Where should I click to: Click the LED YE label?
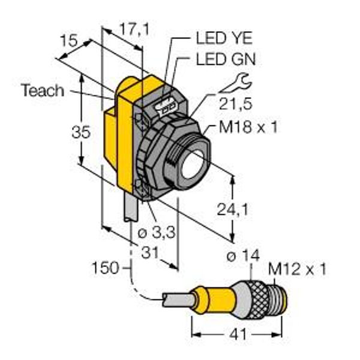point(224,38)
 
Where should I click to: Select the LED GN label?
point(226,59)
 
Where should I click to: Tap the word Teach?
point(43,90)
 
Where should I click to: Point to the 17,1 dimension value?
point(134,29)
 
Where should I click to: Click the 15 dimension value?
point(69,41)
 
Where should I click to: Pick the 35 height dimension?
point(81,133)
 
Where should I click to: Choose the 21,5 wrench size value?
point(236,104)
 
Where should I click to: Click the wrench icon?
point(236,83)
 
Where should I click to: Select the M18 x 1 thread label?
point(248,127)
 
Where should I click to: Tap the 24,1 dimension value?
point(233,209)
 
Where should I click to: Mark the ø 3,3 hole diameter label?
point(157,232)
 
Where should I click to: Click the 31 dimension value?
point(149,252)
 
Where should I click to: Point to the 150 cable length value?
point(106,268)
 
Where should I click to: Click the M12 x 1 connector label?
point(298,269)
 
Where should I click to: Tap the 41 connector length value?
point(238,334)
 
